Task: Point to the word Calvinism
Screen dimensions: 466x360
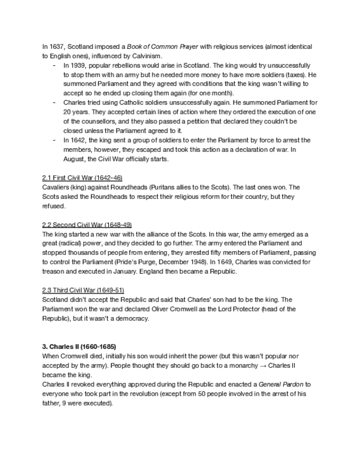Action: click(147, 56)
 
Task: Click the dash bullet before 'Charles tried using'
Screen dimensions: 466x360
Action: click(54, 102)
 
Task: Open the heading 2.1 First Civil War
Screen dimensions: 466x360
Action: click(82, 178)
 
